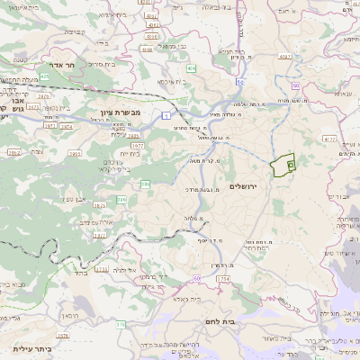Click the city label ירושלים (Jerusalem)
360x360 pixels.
pos(243,186)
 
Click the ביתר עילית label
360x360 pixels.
pos(32,348)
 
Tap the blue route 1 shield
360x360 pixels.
pos(167,115)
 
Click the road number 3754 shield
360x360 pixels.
pos(223,279)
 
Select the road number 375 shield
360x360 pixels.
pos(120,323)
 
